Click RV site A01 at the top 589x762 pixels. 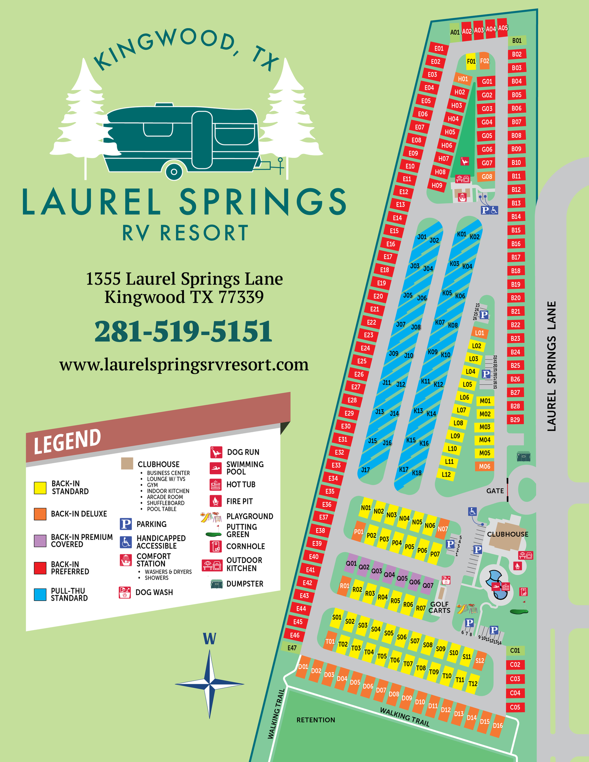click(x=455, y=32)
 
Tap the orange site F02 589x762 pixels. click(x=485, y=61)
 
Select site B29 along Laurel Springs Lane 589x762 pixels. click(x=515, y=420)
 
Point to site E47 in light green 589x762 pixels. click(x=292, y=648)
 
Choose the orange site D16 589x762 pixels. click(x=498, y=725)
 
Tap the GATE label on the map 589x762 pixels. click(x=495, y=491)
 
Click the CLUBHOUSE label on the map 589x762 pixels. click(x=507, y=534)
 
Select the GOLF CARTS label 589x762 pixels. click(x=439, y=607)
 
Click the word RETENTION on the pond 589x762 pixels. click(x=316, y=720)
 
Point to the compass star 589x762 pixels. click(x=210, y=684)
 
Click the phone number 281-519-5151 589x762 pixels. click(x=183, y=331)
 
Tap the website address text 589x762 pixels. click(x=184, y=365)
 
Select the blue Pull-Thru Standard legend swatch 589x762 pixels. click(x=40, y=594)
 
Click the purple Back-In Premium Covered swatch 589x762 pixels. click(x=40, y=541)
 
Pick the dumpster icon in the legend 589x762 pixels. click(x=217, y=584)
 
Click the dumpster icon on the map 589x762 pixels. click(x=523, y=456)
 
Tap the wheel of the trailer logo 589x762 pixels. click(x=174, y=172)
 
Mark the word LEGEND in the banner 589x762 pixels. click(x=67, y=441)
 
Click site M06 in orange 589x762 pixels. click(x=485, y=466)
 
